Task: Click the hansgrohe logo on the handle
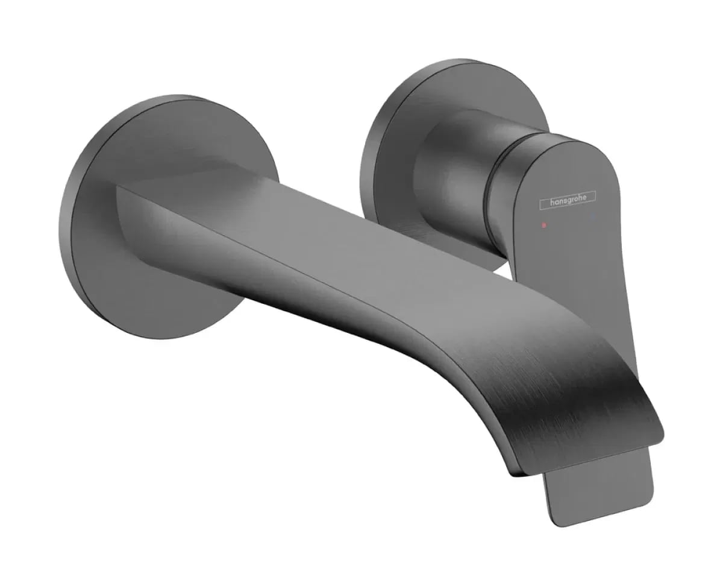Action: click(x=567, y=199)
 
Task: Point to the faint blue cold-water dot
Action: click(x=593, y=215)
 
